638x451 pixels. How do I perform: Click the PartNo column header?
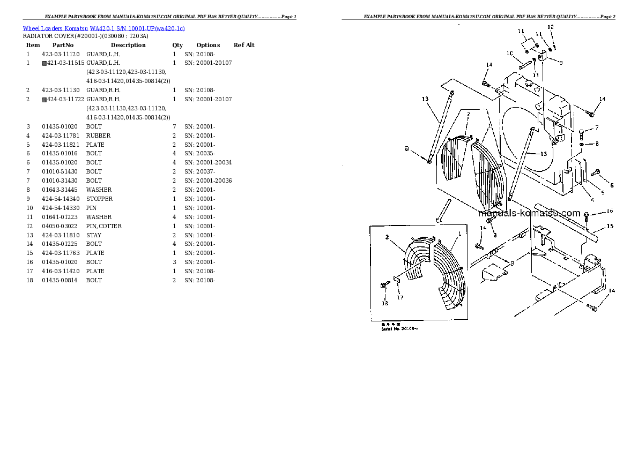[x=63, y=45]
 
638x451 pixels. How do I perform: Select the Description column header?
[x=128, y=45]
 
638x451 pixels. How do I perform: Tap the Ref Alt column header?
[x=244, y=45]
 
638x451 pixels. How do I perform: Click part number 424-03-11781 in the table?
[x=61, y=136]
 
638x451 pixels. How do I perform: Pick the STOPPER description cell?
[x=100, y=199]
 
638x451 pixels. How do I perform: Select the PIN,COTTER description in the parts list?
[x=104, y=226]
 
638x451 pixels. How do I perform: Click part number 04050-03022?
[x=61, y=226]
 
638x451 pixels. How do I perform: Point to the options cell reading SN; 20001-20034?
[x=208, y=162]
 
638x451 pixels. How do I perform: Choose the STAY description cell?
[x=94, y=235]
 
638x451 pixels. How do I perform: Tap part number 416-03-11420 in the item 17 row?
[x=61, y=271]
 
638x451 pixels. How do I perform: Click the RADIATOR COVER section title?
[x=86, y=36]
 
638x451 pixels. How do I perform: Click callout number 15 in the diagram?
[x=610, y=227]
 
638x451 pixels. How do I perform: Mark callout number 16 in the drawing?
[x=610, y=211]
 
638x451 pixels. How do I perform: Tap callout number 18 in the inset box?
[x=384, y=303]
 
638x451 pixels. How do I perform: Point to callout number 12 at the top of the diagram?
[x=551, y=27]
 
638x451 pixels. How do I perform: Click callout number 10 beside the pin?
[x=509, y=53]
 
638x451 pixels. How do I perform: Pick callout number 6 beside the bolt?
[x=612, y=185]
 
